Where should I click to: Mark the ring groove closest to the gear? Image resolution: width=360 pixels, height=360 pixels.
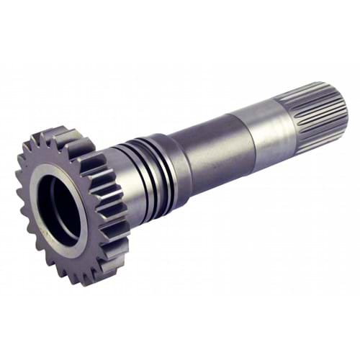(134, 176)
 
